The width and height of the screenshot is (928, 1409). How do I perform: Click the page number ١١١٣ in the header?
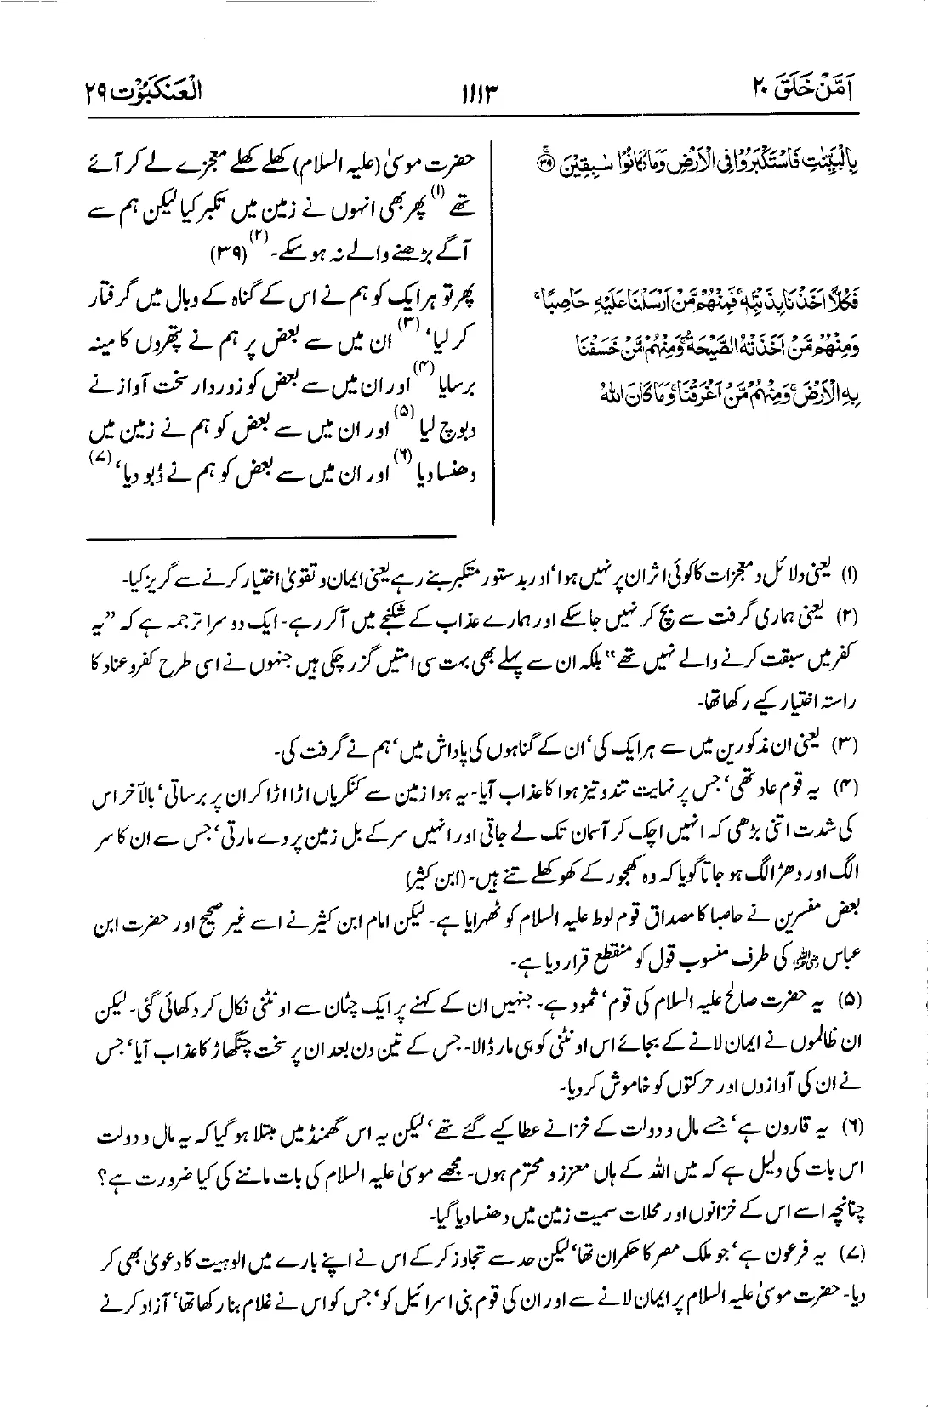tap(464, 89)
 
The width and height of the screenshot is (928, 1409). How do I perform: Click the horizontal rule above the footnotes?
tap(270, 536)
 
